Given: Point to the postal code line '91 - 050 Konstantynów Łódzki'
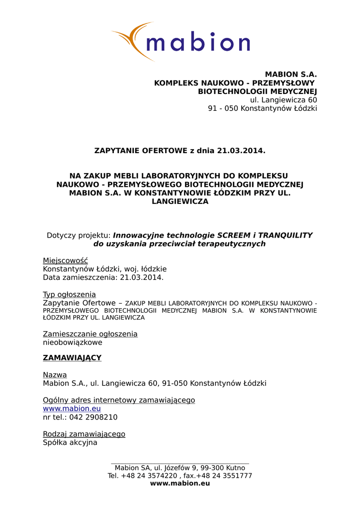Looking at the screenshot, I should point(262,108).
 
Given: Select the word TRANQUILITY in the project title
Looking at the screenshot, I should point(285,235).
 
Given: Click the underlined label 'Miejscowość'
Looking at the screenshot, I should point(65,260).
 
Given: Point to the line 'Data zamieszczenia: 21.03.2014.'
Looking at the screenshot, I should point(103,277).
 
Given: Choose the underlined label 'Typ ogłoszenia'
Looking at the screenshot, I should point(69,294).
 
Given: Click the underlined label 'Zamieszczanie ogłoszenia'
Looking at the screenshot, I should point(90,334).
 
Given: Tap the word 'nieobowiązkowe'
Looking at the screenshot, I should point(73,342).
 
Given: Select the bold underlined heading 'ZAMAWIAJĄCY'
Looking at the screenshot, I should point(72,358).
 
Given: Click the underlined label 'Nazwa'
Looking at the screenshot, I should point(55,375).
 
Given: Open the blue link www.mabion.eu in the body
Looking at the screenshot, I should point(72,409).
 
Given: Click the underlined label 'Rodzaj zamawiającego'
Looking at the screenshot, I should point(84,434).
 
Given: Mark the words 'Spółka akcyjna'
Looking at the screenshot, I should point(70,442).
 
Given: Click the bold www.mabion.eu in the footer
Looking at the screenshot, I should point(180,483).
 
